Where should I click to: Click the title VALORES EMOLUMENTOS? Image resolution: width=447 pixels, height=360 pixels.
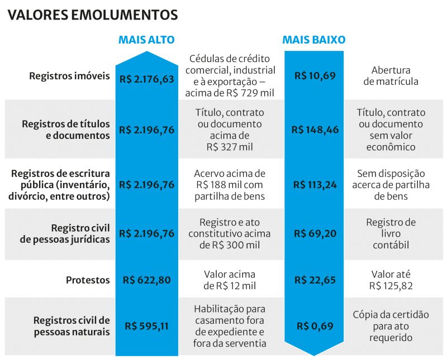[x=93, y=15]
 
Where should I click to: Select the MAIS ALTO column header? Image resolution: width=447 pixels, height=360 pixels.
[x=146, y=40]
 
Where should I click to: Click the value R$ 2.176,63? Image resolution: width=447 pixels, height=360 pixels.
[x=147, y=79]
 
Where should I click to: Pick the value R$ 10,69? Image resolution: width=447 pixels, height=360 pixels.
[x=315, y=76]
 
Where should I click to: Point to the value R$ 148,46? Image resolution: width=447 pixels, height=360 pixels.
[x=315, y=130]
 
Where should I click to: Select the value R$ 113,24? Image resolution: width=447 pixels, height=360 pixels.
[x=315, y=185]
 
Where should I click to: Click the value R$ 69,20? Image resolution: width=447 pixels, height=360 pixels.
[x=315, y=234]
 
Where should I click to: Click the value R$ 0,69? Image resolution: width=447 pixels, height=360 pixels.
[x=315, y=326]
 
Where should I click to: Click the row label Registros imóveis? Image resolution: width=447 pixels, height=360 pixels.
[x=70, y=76]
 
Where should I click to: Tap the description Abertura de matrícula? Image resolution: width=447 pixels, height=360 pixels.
[x=391, y=76]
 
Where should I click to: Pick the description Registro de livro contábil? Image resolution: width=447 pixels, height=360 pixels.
[x=391, y=234]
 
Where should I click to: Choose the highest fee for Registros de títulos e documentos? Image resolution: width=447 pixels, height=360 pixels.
[x=147, y=130]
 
